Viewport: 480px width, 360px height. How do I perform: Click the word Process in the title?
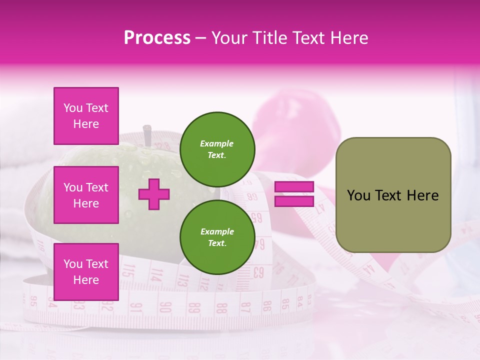coord(157,38)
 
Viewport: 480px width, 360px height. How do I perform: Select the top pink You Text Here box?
coord(86,116)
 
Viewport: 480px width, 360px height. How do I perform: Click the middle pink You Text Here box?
coord(86,195)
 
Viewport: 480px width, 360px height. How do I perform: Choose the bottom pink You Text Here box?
coord(86,271)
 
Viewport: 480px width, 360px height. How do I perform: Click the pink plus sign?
coord(154,194)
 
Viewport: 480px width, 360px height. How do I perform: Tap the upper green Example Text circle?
coord(217,149)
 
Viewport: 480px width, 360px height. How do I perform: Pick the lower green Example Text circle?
coord(217,237)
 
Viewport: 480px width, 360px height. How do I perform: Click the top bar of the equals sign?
coord(294,187)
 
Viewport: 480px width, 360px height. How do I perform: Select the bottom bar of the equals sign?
coord(294,201)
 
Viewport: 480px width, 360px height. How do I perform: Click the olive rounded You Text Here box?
coord(393,195)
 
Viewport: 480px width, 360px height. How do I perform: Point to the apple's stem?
coord(147,135)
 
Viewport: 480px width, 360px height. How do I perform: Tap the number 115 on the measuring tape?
coord(129,271)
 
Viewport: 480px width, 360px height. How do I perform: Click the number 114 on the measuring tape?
coord(157,274)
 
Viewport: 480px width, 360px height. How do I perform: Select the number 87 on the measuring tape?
coord(245,306)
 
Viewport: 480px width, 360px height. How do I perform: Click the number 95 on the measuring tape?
coord(33,301)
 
